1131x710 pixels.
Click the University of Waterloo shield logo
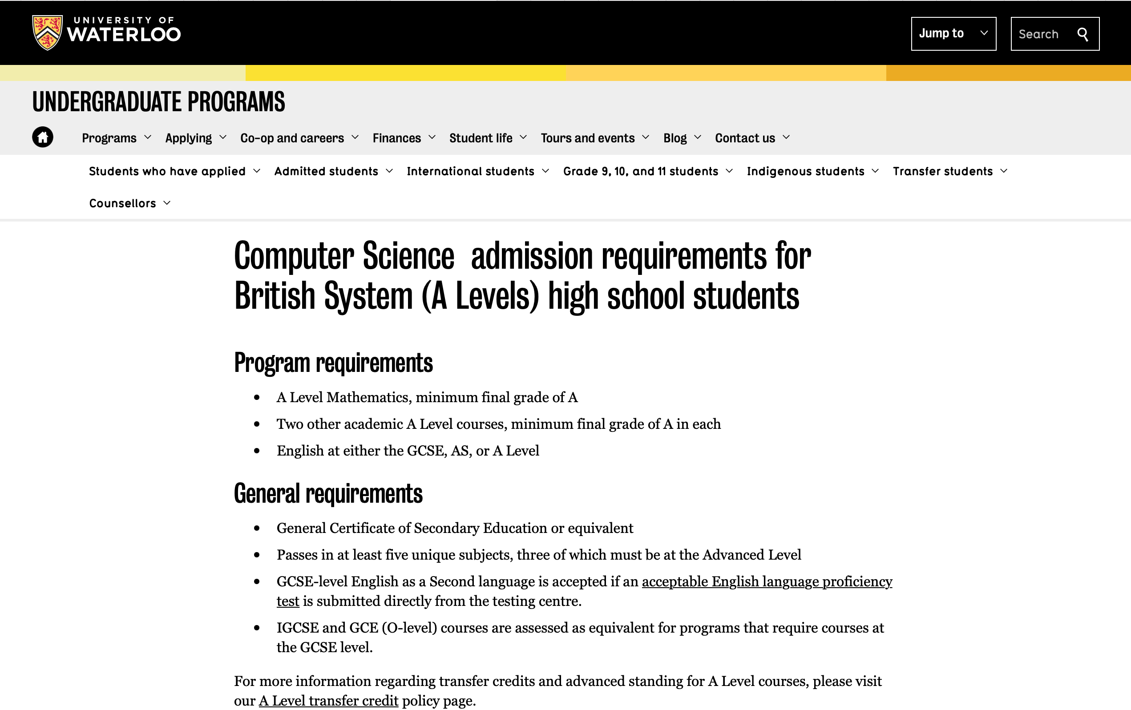[x=47, y=32]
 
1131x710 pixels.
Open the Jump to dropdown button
[x=953, y=33]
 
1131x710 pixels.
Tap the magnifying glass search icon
[x=1083, y=34]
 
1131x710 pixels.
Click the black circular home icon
[x=43, y=137]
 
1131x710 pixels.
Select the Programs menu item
[x=109, y=138]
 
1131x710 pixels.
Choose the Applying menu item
[x=189, y=138]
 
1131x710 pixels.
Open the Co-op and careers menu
[x=292, y=138]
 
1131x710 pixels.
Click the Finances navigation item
[x=397, y=138]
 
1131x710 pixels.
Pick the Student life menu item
[x=481, y=138]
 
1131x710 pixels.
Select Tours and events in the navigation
[x=587, y=138]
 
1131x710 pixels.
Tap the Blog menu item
[x=675, y=138]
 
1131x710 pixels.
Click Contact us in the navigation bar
[x=745, y=138]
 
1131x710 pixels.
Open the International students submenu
[x=470, y=171]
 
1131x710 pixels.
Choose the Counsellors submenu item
[x=122, y=203]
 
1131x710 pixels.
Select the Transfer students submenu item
[x=943, y=171]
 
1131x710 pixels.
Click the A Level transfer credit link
[x=328, y=701]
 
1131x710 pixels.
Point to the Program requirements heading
[x=333, y=363]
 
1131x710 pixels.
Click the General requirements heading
[x=328, y=493]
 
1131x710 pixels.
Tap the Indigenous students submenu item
[x=805, y=171]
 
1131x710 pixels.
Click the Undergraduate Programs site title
[x=159, y=101]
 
